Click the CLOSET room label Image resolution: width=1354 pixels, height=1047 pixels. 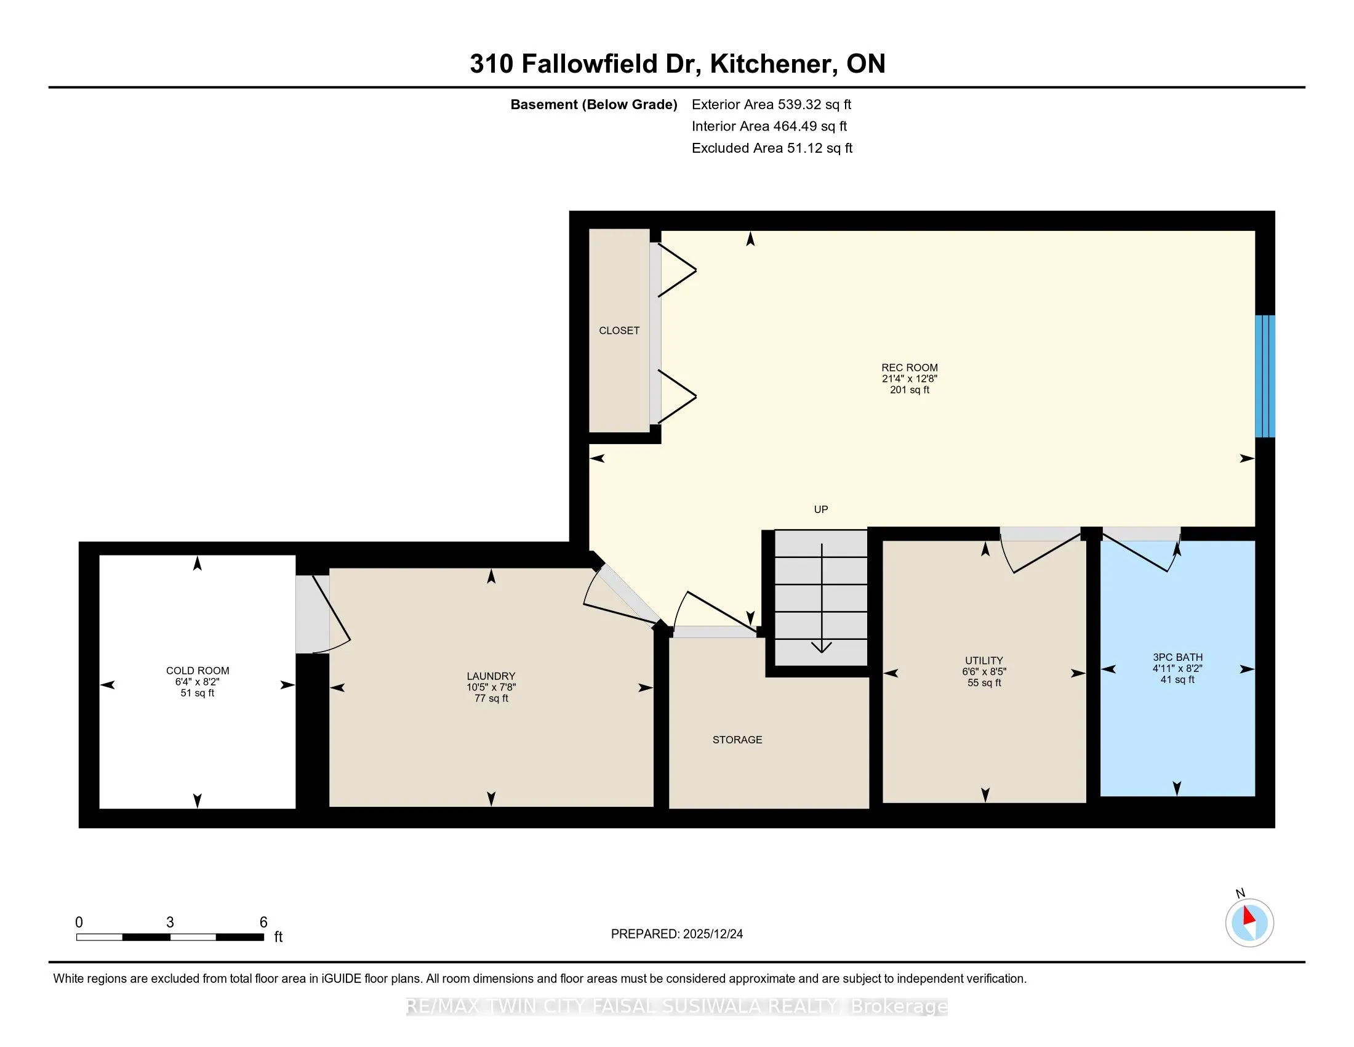(619, 331)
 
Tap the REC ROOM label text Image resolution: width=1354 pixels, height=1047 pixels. (910, 367)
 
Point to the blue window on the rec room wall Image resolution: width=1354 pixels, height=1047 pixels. (1265, 376)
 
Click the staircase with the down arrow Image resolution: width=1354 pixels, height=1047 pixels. (821, 598)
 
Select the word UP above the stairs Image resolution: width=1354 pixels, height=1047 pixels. (821, 509)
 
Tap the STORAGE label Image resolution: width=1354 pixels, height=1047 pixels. (737, 739)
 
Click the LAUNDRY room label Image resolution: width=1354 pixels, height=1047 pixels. (491, 676)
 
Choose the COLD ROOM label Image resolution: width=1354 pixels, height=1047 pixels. (198, 671)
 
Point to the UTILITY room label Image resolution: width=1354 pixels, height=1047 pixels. (984, 661)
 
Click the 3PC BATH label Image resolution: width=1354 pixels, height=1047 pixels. (1177, 658)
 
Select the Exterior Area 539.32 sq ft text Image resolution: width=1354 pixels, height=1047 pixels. (771, 104)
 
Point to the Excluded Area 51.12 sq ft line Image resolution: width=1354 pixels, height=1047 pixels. (772, 148)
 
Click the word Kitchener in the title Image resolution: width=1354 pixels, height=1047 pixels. (771, 63)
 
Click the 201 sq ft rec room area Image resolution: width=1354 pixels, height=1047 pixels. (910, 389)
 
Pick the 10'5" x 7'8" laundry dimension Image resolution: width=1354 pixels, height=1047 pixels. (491, 687)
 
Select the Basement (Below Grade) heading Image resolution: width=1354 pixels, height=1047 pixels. (593, 104)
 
